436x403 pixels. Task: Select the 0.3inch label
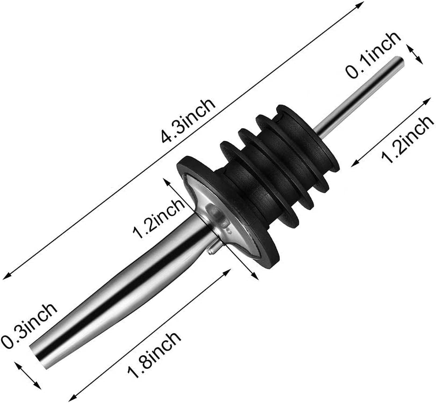click(x=29, y=325)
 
